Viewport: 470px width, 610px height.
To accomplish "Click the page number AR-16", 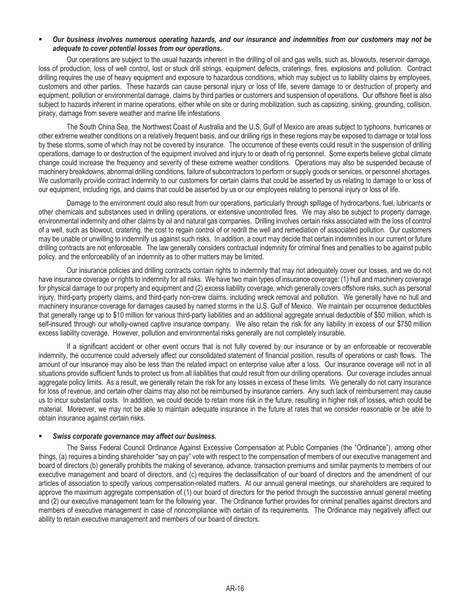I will coord(235,589).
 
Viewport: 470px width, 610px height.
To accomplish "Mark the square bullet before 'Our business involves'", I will coord(39,40).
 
